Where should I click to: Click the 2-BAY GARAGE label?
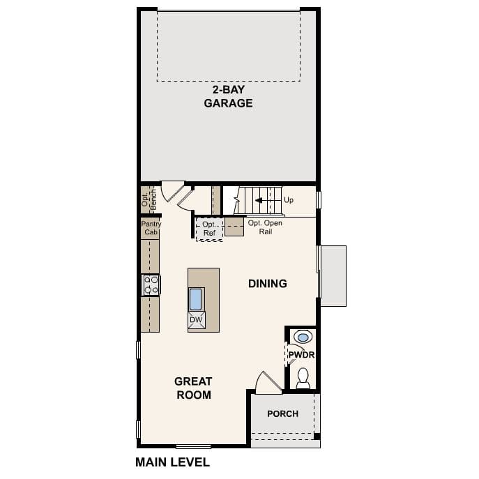tap(228, 96)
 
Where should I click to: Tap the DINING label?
tap(268, 284)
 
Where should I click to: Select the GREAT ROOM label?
tap(193, 388)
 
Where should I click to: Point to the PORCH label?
tap(282, 413)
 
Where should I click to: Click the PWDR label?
tap(302, 355)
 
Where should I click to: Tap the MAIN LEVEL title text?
tap(172, 462)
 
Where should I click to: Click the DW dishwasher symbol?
tap(196, 320)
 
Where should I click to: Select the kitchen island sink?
tap(196, 298)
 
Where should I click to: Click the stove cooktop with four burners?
tap(151, 284)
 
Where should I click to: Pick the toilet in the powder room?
tap(303, 377)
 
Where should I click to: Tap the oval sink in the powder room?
tap(303, 337)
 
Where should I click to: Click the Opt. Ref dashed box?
tap(209, 229)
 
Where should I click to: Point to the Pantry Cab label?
tap(151, 229)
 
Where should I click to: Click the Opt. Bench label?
tap(148, 197)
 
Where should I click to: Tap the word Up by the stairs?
tap(289, 200)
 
